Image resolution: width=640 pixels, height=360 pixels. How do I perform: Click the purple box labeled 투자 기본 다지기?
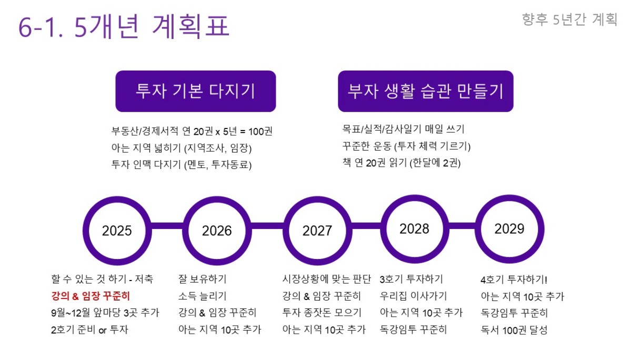point(196,91)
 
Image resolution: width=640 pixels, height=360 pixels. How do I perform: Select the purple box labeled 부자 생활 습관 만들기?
point(426,91)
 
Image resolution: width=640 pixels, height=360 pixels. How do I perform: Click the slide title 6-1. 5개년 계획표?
point(124,26)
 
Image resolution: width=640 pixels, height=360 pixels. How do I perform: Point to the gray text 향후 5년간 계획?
point(569,19)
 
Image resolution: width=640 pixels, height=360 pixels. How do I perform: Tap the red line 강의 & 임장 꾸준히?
point(91,296)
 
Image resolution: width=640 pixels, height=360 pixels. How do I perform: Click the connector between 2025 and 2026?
point(167,226)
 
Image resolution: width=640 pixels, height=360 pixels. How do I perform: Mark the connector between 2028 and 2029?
point(462,226)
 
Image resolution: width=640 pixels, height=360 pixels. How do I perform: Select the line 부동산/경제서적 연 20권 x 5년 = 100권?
point(192,131)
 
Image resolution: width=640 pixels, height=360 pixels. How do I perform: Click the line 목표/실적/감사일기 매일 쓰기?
point(404,129)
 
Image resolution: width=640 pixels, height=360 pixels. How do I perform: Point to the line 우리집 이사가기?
point(413,296)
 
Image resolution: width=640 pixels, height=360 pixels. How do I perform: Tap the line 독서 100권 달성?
point(514,330)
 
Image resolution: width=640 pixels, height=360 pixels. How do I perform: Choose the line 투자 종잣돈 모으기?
point(322,313)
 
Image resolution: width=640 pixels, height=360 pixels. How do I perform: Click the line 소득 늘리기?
point(202,296)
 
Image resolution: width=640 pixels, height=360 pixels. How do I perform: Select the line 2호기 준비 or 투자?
point(89,329)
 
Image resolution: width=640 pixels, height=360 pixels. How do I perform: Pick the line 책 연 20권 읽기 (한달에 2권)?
point(402,163)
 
